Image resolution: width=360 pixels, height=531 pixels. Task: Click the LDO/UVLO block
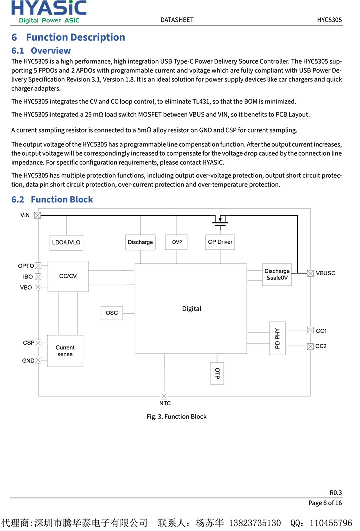[66, 243]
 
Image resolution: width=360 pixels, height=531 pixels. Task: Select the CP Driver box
[220, 242]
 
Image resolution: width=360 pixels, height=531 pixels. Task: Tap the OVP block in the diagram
[177, 242]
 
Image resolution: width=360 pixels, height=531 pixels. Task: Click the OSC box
[112, 313]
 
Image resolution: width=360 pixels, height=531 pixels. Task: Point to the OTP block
[217, 374]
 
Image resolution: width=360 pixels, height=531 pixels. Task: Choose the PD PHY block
[277, 338]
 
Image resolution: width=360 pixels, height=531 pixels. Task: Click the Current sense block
[65, 351]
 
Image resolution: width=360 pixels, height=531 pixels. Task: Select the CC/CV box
[68, 276]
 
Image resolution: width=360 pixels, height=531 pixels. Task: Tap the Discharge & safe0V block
[277, 274]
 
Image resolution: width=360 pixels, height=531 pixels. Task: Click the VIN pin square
[38, 215]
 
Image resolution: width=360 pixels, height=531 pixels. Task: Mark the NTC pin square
[164, 396]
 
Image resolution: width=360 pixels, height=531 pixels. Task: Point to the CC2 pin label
[321, 346]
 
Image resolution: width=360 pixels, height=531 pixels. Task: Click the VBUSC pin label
[326, 273]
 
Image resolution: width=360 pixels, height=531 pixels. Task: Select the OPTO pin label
[26, 266]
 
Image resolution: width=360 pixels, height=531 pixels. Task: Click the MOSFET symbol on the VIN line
[220, 219]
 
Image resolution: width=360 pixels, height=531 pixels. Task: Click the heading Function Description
[75, 37]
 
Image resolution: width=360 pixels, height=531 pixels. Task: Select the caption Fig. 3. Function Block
[176, 416]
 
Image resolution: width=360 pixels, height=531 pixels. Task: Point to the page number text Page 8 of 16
[325, 503]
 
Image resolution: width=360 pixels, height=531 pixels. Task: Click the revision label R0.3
[336, 492]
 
